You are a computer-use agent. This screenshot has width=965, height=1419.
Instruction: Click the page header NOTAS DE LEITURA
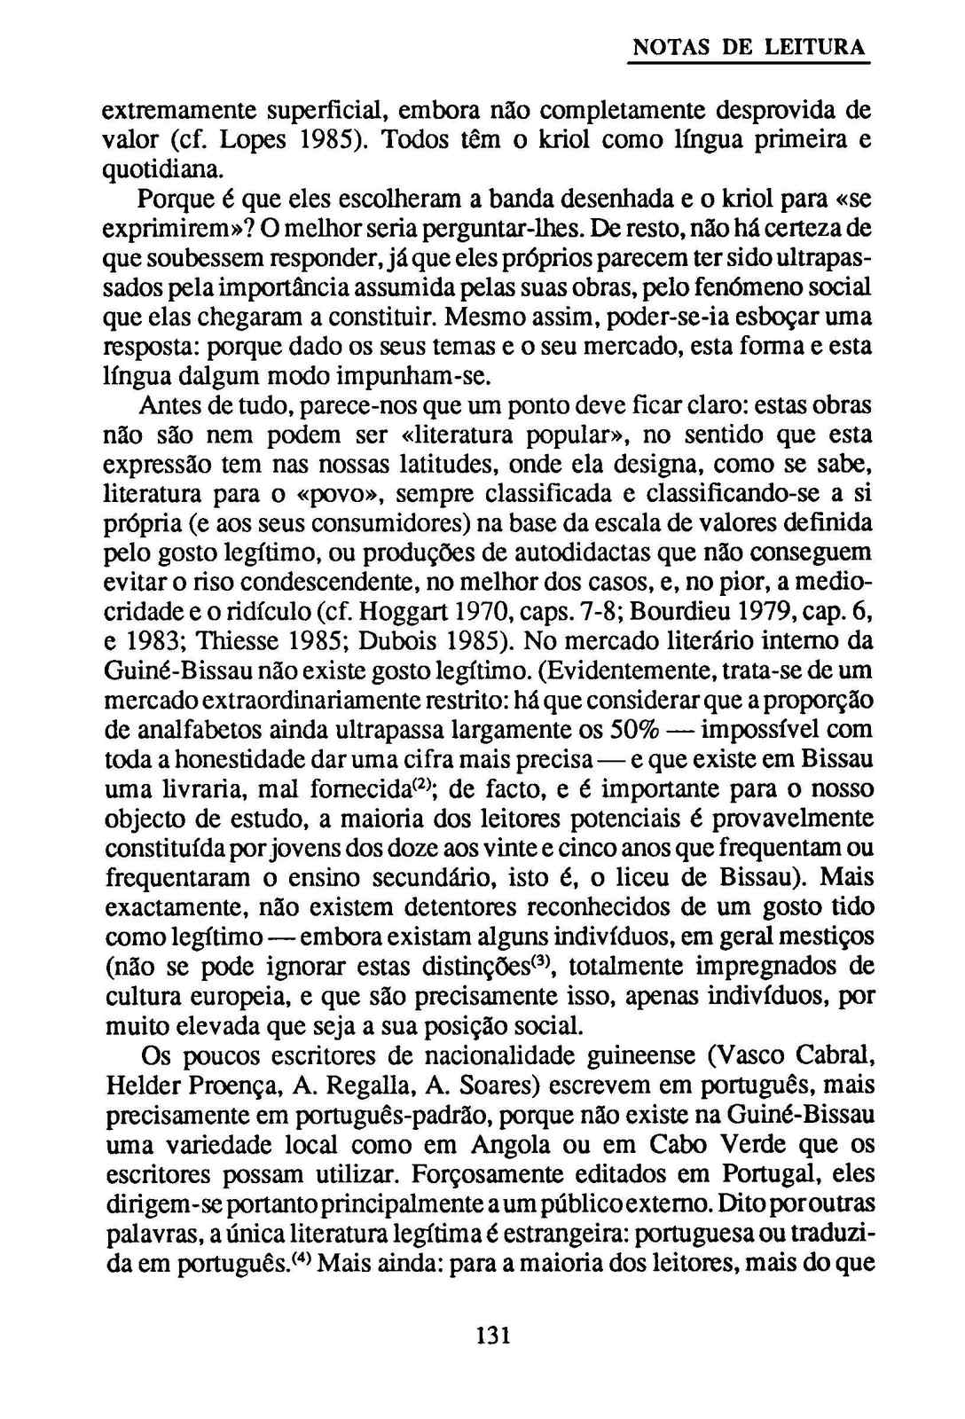748,48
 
